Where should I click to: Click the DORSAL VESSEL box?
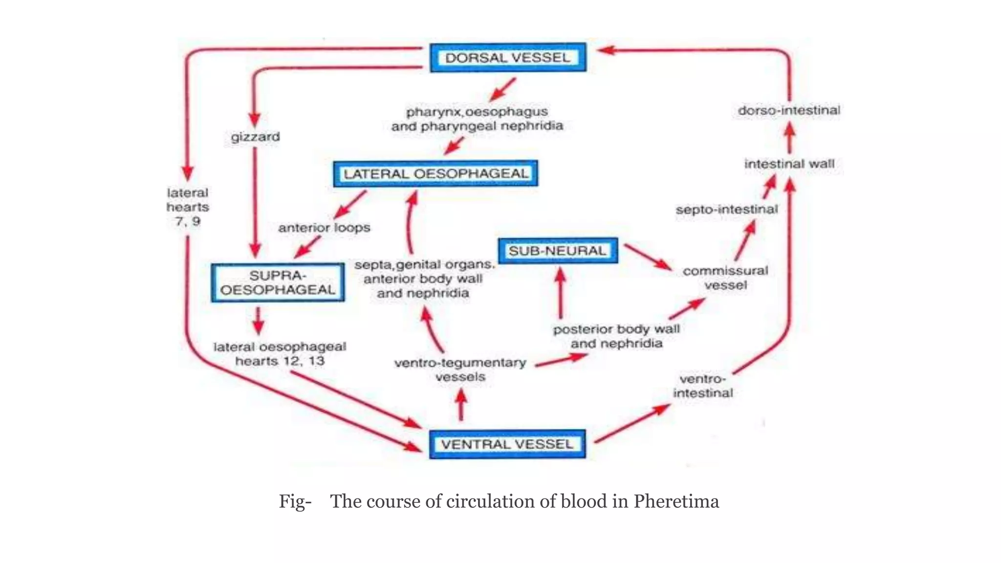coord(508,58)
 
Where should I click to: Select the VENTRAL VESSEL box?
coord(507,444)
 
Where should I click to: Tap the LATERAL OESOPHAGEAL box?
coord(435,173)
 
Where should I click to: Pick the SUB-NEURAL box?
coord(558,251)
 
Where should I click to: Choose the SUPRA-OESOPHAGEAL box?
coord(278,282)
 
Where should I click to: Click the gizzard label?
coord(255,137)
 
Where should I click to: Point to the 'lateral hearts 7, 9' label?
coord(188,207)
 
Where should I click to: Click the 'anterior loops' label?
coord(324,228)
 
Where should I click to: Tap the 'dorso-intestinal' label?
coord(789,110)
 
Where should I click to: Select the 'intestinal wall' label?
coord(789,164)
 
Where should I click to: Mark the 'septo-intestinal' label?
coord(726,210)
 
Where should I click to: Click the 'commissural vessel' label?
coord(725,278)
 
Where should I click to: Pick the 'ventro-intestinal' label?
coord(703,386)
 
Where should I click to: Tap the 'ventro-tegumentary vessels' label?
coord(460,369)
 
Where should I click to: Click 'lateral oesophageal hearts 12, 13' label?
coord(280,354)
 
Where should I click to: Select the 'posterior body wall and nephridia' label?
coord(616,336)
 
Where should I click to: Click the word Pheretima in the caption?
coord(676,501)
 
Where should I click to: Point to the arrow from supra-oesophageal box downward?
coord(259,321)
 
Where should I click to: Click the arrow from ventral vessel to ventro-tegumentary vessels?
coord(460,404)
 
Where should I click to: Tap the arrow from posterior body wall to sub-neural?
coord(560,293)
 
